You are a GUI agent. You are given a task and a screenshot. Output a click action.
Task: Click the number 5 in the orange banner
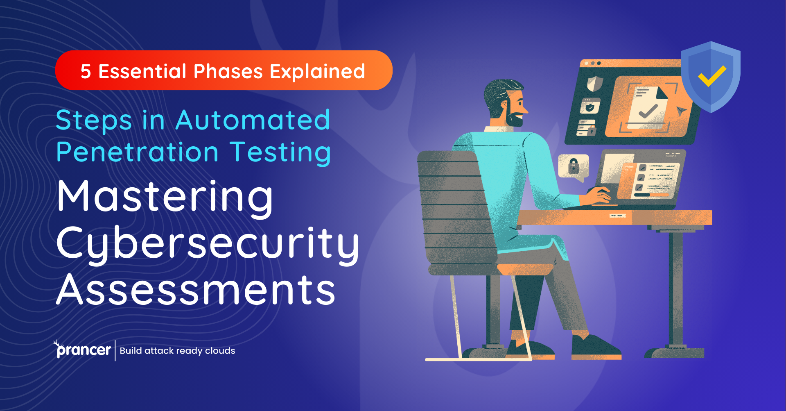pos(86,72)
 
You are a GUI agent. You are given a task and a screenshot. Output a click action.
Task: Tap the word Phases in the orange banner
pos(228,72)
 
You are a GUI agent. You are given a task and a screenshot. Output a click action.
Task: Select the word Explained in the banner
pos(317,72)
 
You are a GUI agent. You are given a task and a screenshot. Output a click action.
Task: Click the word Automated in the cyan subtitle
pos(253,120)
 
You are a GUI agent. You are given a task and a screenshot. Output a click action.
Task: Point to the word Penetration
pos(138,152)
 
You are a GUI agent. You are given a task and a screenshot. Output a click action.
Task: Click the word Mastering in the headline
pos(165,197)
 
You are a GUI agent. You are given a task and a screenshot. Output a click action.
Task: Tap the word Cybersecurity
pos(208,244)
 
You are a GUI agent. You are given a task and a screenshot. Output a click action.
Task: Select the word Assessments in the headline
pos(196,290)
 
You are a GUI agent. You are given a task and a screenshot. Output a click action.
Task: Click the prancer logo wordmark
pos(83,350)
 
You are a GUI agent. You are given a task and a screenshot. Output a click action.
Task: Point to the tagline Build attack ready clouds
pos(177,351)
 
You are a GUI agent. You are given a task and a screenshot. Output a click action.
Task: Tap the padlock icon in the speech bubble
pos(574,166)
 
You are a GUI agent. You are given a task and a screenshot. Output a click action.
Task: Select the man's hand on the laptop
pos(600,195)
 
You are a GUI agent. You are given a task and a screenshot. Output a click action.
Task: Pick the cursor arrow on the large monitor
pos(681,111)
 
